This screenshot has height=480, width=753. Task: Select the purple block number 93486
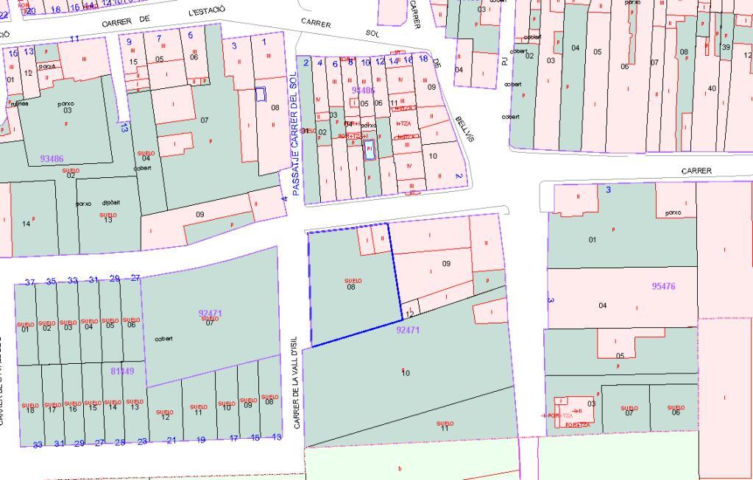coord(52,159)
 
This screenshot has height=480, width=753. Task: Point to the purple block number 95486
coord(364,90)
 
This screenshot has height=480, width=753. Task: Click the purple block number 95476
coord(663,287)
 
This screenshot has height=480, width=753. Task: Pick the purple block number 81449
coord(122,371)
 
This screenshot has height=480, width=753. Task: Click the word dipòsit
coord(111,203)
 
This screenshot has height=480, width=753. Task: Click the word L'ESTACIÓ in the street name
coord(207,11)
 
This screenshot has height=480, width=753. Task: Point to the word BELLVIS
coord(464,129)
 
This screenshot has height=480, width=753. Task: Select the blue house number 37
coord(30,282)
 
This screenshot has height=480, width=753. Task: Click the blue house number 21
coord(172,440)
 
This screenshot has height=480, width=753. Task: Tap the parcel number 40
coord(711,89)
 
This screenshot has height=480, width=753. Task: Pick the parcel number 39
coord(726,47)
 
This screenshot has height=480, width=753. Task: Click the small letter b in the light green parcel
coord(400,468)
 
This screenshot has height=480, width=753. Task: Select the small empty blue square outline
coord(260,94)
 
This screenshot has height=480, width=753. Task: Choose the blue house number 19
coord(200,440)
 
